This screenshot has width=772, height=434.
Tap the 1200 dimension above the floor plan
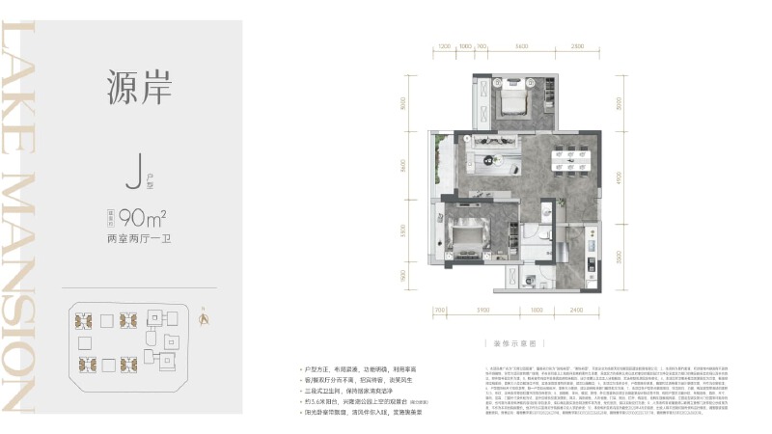click(x=444, y=46)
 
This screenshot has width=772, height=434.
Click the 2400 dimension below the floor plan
click(x=575, y=310)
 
